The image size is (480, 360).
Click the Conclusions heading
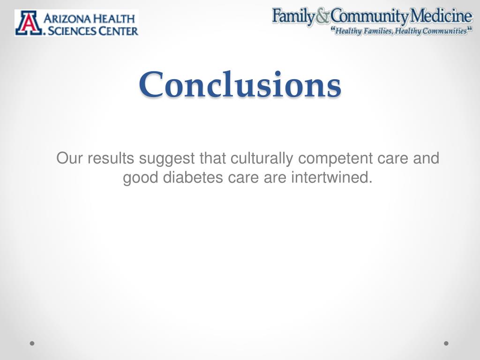pos(240,84)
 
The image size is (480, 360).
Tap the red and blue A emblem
pos(27,23)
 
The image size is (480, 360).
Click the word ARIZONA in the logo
pos(67,19)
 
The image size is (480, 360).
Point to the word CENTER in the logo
pos(119,31)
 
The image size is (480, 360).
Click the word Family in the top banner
pos(293,17)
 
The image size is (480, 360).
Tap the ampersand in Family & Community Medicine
pos(322,17)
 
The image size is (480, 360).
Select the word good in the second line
pos(140,178)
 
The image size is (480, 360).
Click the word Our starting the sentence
pos(67,159)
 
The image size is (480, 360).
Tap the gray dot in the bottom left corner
pos(32,343)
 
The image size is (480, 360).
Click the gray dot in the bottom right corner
pos(446,343)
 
